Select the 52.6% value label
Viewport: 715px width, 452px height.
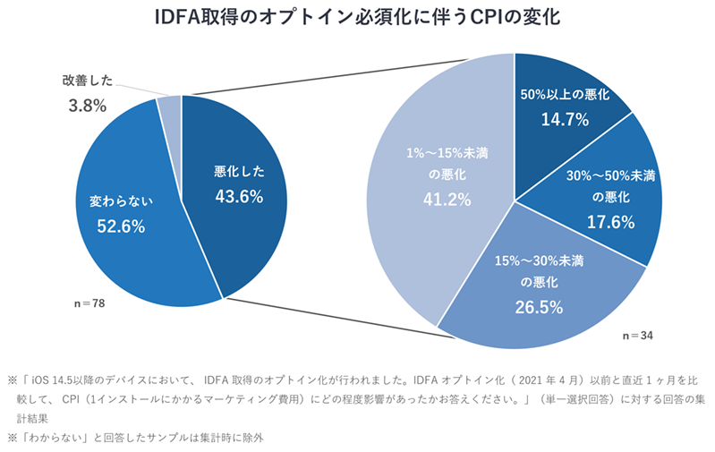121,226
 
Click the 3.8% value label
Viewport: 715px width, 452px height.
88,106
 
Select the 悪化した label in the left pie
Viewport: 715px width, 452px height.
239,171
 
